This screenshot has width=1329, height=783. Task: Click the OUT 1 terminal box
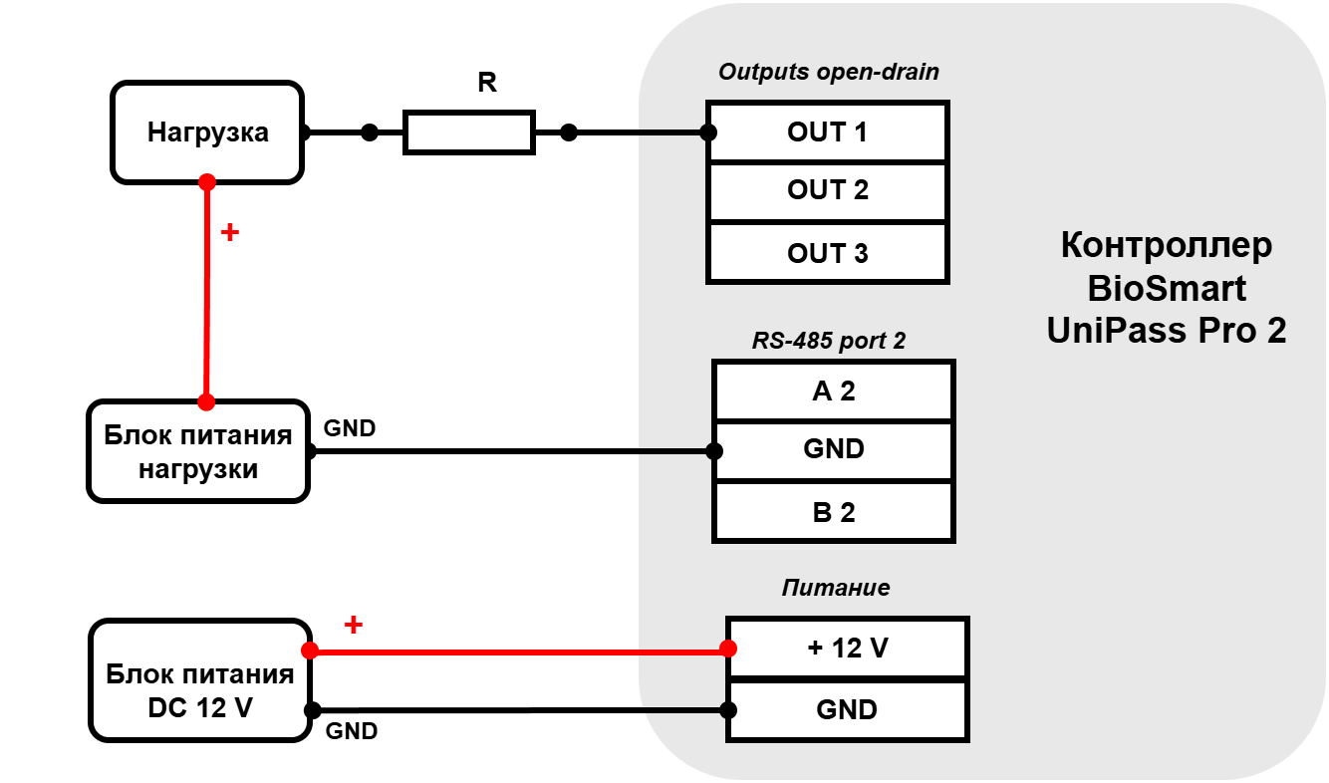828,131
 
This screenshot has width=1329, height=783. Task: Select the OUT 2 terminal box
828,191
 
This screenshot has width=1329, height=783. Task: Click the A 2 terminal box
834,391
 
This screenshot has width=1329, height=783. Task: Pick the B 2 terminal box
834,512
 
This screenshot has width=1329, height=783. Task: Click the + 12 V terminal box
847,648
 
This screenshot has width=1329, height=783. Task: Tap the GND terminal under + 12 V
847,710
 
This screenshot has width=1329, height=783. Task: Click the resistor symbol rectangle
469,132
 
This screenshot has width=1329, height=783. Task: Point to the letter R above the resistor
487,83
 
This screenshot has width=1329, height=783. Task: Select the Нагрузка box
207,132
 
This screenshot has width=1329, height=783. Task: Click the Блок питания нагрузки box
198,451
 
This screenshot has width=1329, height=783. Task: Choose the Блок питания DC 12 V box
200,680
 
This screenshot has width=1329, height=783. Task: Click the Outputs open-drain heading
828,72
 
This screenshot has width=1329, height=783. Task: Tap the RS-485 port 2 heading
828,341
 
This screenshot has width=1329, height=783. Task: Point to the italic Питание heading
836,588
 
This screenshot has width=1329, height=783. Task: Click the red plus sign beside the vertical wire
229,232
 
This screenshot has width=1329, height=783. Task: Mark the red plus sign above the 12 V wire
353,624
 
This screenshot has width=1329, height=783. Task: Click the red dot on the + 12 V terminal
728,649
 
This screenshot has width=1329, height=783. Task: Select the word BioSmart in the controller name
1167,288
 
